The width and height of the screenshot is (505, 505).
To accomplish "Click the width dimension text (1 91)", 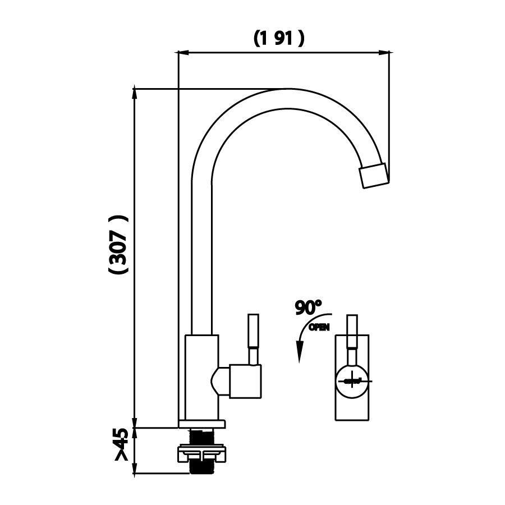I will click(x=279, y=38).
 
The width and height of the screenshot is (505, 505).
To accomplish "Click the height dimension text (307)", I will click(x=118, y=245).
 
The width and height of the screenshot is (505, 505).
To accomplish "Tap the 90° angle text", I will click(x=309, y=307).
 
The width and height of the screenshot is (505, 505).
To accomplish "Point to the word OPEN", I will click(x=320, y=327).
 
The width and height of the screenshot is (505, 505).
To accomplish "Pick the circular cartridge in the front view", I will click(x=352, y=380).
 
